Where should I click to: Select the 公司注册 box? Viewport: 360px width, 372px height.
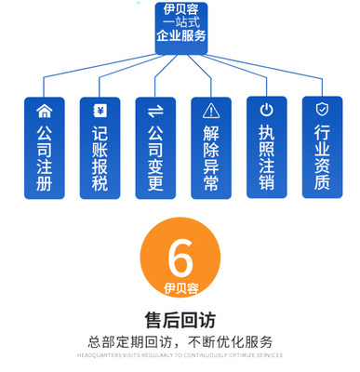click(44, 149)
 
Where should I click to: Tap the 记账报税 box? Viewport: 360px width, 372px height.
click(100, 149)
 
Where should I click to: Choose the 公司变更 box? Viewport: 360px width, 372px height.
click(155, 149)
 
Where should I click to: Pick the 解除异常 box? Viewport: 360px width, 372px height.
click(211, 149)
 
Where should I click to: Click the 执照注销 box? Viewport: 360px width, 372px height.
click(267, 149)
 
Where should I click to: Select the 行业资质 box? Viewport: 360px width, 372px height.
click(322, 149)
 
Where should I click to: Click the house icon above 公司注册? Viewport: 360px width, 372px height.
click(44, 111)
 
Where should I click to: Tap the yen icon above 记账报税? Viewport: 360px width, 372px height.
click(100, 111)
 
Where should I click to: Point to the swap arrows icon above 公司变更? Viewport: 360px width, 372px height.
click(155, 111)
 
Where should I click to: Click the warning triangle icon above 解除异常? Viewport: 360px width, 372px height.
click(211, 111)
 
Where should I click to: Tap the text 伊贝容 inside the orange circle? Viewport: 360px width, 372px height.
click(180, 287)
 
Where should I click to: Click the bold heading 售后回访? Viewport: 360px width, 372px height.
click(180, 320)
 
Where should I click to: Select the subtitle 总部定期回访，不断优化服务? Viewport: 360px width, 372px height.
click(180, 340)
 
